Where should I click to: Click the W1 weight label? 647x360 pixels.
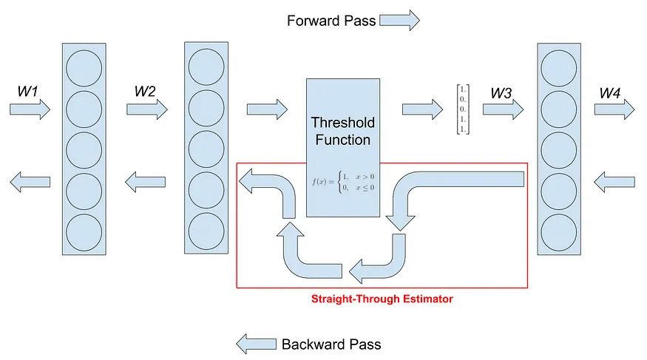click(x=27, y=91)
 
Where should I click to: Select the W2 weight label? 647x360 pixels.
click(x=145, y=91)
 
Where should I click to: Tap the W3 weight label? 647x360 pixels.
click(x=501, y=93)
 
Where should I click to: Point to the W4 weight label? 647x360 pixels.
click(x=610, y=93)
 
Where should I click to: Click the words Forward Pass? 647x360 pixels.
click(x=331, y=21)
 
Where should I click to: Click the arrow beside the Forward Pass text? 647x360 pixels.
click(x=399, y=20)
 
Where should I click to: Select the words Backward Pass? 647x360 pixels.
click(x=331, y=344)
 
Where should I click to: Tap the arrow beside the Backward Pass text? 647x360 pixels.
click(x=257, y=344)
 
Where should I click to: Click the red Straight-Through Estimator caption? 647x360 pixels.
click(x=382, y=299)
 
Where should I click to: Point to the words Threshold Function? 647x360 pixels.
click(x=343, y=131)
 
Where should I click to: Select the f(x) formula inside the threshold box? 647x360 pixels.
click(x=343, y=182)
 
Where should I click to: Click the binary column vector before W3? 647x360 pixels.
click(x=463, y=109)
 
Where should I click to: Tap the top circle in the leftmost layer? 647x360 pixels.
click(x=84, y=69)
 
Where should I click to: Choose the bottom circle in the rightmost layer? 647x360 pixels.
click(x=559, y=233)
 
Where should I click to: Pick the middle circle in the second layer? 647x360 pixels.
click(x=206, y=149)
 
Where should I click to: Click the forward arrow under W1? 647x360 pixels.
click(x=30, y=109)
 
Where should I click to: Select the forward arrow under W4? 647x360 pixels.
click(x=614, y=109)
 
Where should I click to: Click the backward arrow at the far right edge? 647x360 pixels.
click(x=614, y=182)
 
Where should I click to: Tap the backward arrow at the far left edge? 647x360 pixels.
click(x=30, y=182)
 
